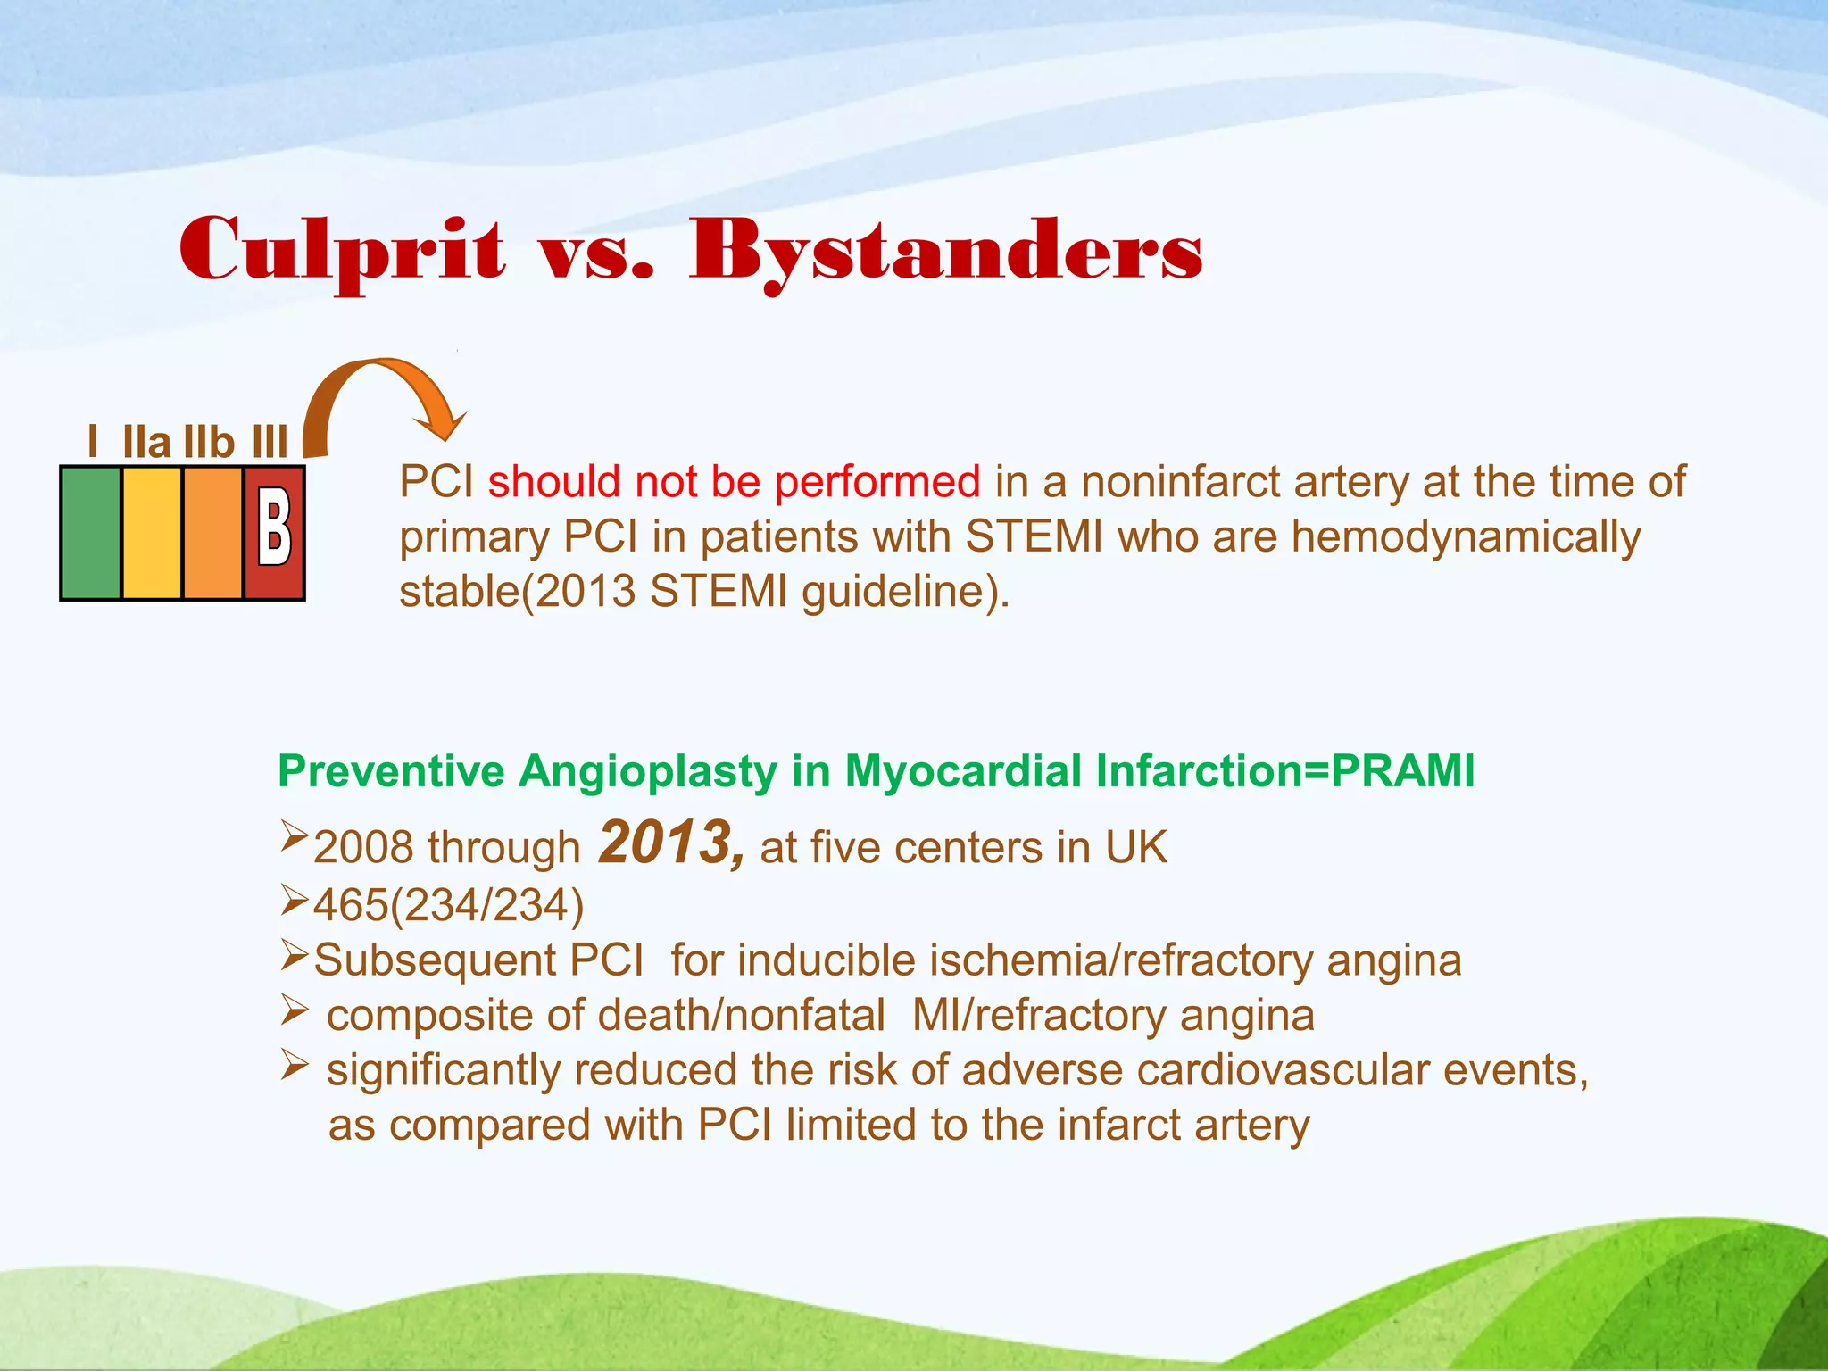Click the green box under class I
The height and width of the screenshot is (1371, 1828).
tap(91, 533)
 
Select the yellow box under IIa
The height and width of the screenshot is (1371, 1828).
tap(152, 533)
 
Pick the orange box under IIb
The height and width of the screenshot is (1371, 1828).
tap(212, 533)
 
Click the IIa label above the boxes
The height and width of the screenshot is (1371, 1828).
tap(146, 442)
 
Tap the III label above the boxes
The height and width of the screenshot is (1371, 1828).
tap(270, 442)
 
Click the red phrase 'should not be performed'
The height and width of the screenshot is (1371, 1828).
tap(734, 482)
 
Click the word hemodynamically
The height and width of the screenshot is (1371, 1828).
tap(1466, 537)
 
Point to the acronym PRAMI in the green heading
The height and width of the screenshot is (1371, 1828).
tap(1402, 770)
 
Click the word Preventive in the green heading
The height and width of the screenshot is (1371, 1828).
tap(390, 770)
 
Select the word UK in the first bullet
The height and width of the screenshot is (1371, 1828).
tap(1135, 846)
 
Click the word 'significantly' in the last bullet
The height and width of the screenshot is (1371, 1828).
tap(443, 1070)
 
